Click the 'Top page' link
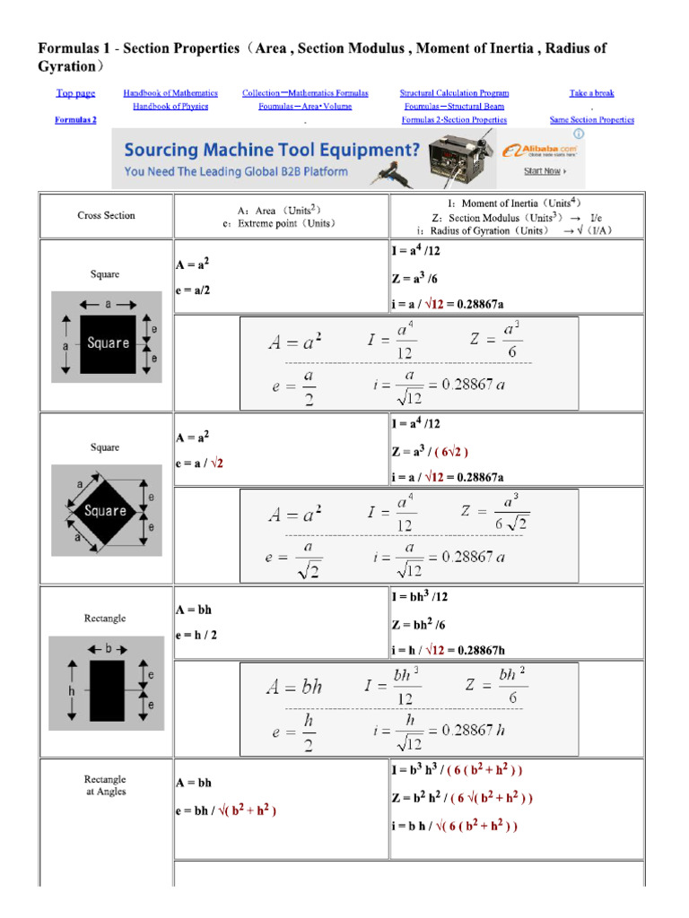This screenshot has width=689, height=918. point(75,93)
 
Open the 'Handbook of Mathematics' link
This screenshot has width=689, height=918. point(170,93)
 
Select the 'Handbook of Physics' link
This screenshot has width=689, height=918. point(170,107)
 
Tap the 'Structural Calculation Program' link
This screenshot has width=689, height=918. point(454,93)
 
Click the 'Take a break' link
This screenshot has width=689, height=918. point(591,93)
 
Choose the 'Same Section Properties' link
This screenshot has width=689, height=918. point(591,120)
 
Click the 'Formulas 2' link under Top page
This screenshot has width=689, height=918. point(75,120)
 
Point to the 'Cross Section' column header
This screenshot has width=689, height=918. point(106,215)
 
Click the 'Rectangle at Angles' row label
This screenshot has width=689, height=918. point(106,785)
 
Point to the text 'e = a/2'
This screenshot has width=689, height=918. point(193,290)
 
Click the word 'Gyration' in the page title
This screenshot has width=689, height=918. point(65,67)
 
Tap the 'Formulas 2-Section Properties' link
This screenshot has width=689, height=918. point(454,120)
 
